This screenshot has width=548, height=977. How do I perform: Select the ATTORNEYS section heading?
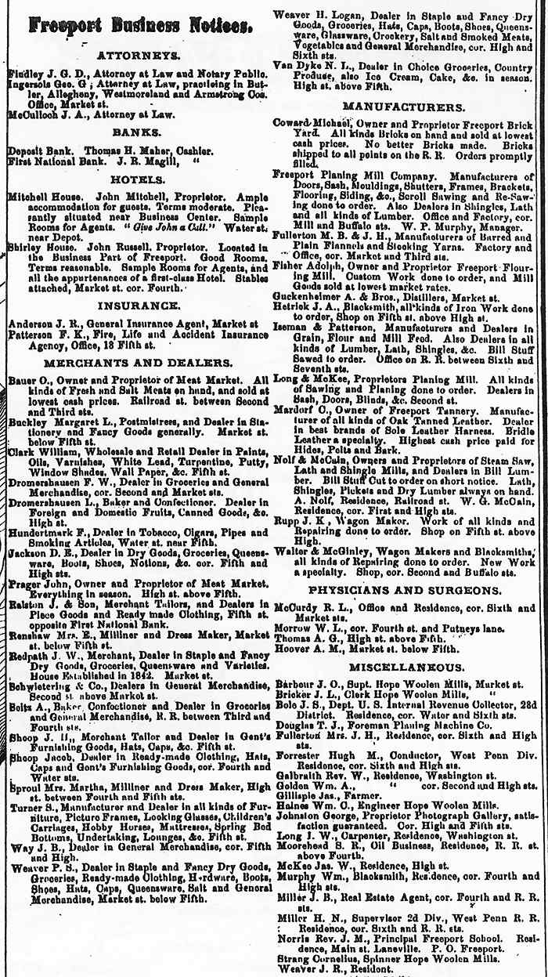(x=139, y=56)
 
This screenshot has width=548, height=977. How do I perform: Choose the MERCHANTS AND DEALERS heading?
(x=138, y=364)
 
